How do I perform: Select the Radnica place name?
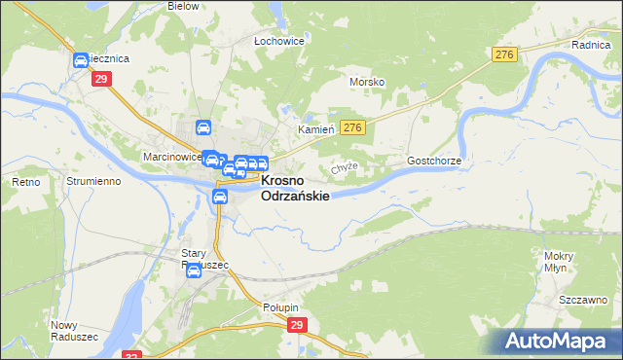[x=590, y=45]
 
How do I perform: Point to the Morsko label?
[x=367, y=82]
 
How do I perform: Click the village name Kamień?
[x=315, y=129]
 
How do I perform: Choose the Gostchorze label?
[x=433, y=160]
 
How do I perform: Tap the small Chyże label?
[x=345, y=167]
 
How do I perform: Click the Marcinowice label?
[x=171, y=156]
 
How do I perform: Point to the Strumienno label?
[x=92, y=182]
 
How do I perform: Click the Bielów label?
[x=183, y=6]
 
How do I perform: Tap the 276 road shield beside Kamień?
[x=352, y=127]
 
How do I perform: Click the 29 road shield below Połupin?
[x=297, y=325]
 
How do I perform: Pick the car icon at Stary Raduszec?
[x=194, y=270]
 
